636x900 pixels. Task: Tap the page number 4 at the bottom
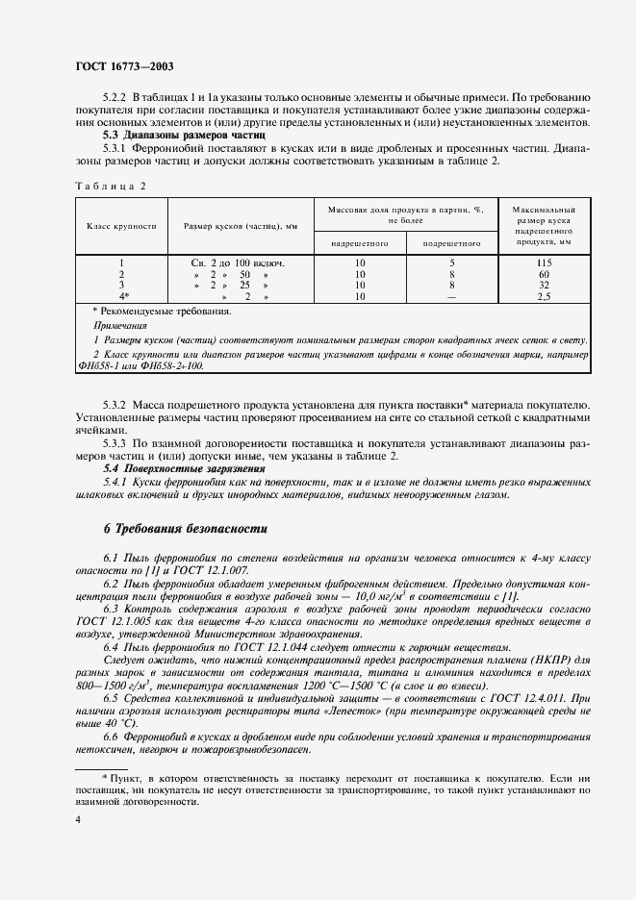pos(77,819)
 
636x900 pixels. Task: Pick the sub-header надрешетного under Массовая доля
pos(359,244)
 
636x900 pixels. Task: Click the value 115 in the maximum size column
pos(545,262)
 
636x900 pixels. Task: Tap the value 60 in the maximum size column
pos(545,274)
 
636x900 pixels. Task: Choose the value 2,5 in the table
pos(545,297)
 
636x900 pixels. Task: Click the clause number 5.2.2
pos(114,99)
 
